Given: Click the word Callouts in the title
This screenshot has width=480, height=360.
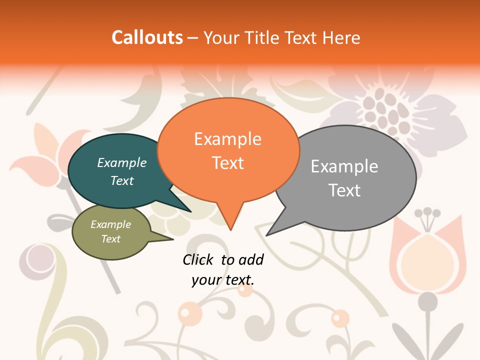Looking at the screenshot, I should tap(147, 37).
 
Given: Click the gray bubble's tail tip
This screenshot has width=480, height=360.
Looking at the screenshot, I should tap(267, 234).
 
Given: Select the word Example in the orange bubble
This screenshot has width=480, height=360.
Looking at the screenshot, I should tap(228, 139).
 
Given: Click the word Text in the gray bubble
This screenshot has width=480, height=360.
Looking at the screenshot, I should tap(344, 190).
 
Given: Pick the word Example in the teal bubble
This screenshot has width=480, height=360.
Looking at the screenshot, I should tap(122, 163).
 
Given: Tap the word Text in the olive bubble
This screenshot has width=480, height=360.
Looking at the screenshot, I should tap(111, 239).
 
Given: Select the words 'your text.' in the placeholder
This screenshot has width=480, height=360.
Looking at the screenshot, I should tap(223, 280).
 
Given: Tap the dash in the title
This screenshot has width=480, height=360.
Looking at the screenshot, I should tap(193, 37).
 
